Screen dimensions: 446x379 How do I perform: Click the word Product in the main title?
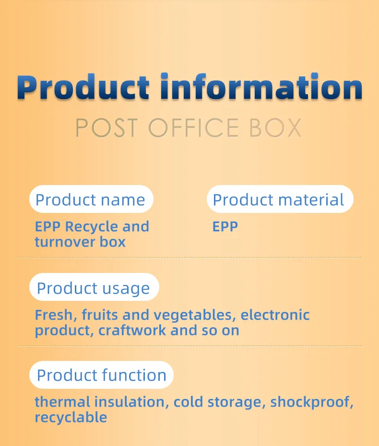coord(83,87)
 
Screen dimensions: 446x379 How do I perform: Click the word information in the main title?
coord(261,87)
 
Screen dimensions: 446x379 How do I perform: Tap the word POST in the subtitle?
coord(107,128)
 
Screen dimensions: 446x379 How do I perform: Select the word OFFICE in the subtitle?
coord(193,128)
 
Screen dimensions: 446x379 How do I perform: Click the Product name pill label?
coord(91,199)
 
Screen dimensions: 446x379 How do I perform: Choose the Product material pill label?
coord(279,199)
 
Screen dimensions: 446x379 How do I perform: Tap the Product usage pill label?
coord(94,288)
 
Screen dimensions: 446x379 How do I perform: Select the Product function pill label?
coord(102,375)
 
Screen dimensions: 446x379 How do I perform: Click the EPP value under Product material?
coord(225,226)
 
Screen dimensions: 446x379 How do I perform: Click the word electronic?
coord(275,315)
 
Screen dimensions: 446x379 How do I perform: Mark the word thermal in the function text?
coord(62,402)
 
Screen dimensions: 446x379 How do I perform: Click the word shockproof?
coord(312,402)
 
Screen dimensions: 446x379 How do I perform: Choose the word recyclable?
coord(71,417)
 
